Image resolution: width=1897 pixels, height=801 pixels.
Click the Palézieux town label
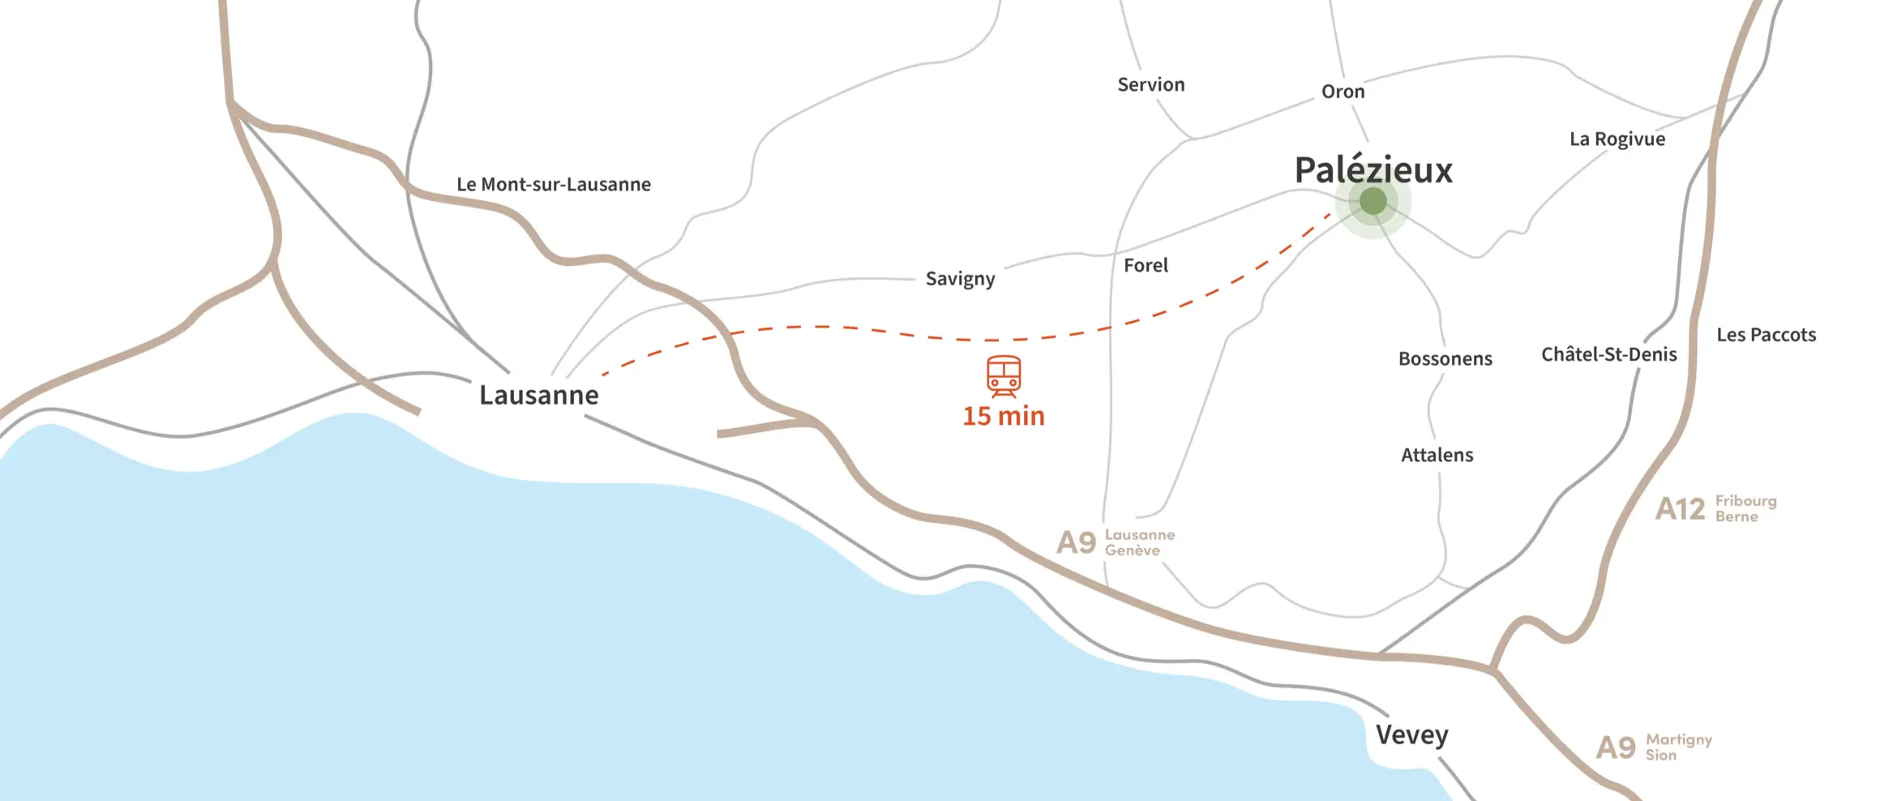[x=1373, y=170]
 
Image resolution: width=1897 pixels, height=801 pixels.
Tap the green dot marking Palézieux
[x=1372, y=200]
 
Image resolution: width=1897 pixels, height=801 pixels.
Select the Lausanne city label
[x=539, y=395]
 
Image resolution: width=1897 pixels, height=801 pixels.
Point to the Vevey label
[x=1411, y=735]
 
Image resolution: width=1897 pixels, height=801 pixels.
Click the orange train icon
[x=1004, y=375]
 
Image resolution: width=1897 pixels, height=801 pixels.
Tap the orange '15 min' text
[x=1004, y=416]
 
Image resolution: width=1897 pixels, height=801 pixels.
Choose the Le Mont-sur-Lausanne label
[x=554, y=185]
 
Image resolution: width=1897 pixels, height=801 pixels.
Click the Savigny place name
[x=960, y=279]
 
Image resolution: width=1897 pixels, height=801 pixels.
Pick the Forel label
[x=1145, y=265]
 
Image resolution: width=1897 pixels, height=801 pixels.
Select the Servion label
[x=1150, y=84]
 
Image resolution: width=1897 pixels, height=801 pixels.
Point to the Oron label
[x=1342, y=92]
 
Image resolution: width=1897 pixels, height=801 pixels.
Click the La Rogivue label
[x=1617, y=139]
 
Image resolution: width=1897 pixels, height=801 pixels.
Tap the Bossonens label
[x=1445, y=358]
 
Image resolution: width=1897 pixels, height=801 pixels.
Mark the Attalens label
[x=1437, y=455]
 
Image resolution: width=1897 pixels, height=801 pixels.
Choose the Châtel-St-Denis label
[x=1608, y=354]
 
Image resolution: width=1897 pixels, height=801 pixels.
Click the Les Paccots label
[x=1766, y=335]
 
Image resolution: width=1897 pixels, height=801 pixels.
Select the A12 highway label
[x=1680, y=509]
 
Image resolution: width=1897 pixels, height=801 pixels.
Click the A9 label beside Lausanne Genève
[x=1076, y=542]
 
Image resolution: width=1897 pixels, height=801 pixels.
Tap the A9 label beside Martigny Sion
[x=1616, y=747]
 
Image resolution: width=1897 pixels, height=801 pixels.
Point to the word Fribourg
[x=1745, y=501]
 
